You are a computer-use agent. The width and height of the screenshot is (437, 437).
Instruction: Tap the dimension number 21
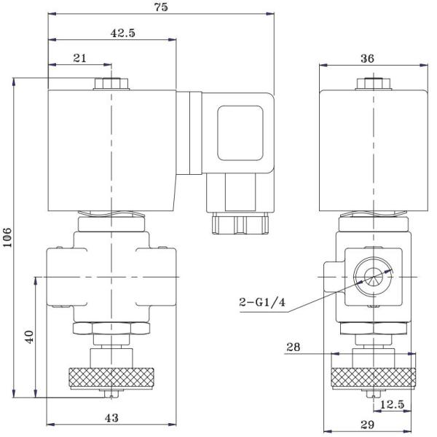coord(79,58)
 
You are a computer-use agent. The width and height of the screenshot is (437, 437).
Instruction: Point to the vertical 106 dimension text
coord(8,237)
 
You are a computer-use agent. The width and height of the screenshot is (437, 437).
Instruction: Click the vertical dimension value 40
coord(28,336)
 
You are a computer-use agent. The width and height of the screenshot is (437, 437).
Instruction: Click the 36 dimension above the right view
coord(371,58)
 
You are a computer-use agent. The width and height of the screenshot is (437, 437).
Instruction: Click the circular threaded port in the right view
coord(371,277)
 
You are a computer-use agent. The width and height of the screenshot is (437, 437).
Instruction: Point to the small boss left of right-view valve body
coord(331,277)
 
